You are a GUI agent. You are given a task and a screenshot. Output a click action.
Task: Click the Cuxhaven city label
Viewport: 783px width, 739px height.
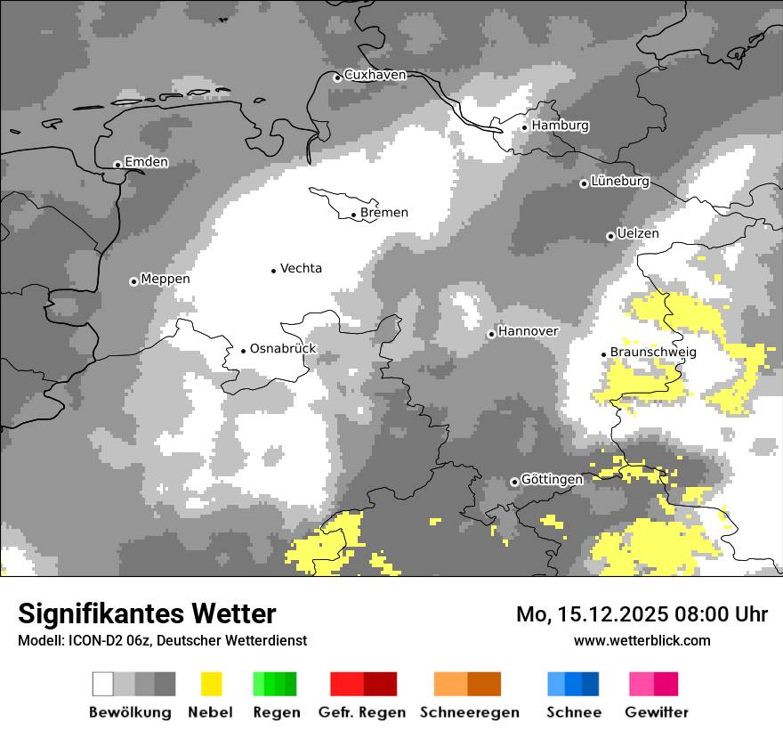(375, 76)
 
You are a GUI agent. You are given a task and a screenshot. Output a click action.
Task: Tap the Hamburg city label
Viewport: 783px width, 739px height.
(560, 126)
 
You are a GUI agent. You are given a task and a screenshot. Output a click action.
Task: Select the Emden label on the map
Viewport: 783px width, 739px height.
(146, 162)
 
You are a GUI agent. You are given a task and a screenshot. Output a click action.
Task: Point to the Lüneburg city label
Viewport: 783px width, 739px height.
(620, 182)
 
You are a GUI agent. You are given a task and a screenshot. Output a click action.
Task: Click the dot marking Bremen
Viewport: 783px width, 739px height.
(353, 215)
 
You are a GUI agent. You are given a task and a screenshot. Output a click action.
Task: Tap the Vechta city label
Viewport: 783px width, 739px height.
(301, 269)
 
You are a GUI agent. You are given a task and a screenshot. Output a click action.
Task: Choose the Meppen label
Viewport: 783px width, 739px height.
(165, 280)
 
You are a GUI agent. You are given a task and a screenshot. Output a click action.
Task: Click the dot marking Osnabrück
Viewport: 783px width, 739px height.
(243, 351)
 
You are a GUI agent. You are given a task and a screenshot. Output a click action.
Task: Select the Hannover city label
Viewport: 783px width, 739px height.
(528, 331)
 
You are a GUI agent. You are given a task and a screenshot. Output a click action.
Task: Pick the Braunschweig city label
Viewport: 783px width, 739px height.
(653, 353)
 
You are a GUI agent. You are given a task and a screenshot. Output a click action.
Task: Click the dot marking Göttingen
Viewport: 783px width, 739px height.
(514, 482)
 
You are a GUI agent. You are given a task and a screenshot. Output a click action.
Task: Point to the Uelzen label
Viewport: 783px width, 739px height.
(638, 234)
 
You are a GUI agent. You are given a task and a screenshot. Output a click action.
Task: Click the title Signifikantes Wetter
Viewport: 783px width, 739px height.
(147, 614)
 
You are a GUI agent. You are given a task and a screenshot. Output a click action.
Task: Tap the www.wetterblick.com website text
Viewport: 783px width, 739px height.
(642, 641)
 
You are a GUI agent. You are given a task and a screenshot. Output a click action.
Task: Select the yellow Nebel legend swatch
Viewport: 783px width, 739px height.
(211, 684)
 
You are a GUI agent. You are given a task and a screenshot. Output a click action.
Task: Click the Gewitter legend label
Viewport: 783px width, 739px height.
(656, 712)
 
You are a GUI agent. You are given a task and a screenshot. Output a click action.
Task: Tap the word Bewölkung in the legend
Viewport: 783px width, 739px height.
(130, 712)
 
